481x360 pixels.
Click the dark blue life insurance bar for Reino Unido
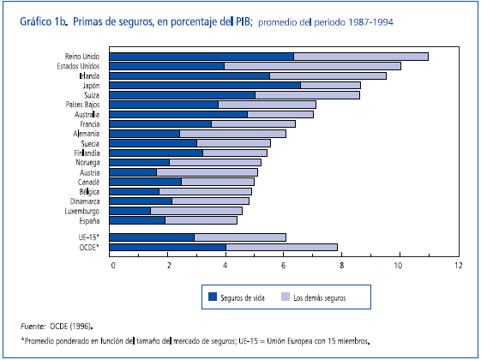coord(202,57)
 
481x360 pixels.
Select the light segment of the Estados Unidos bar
coord(312,66)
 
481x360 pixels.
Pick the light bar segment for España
coord(201,220)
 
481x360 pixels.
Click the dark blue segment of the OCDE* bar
coord(169,248)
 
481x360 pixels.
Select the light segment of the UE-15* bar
coord(240,237)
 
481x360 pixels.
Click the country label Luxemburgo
coord(81,210)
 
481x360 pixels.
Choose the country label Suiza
coord(92,95)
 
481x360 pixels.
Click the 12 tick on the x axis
coord(456,265)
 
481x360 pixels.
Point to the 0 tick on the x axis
coord(112,265)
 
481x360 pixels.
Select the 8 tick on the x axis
coord(341,265)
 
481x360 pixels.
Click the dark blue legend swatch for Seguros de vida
coord(213,297)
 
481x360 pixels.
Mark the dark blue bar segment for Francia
coord(161,123)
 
